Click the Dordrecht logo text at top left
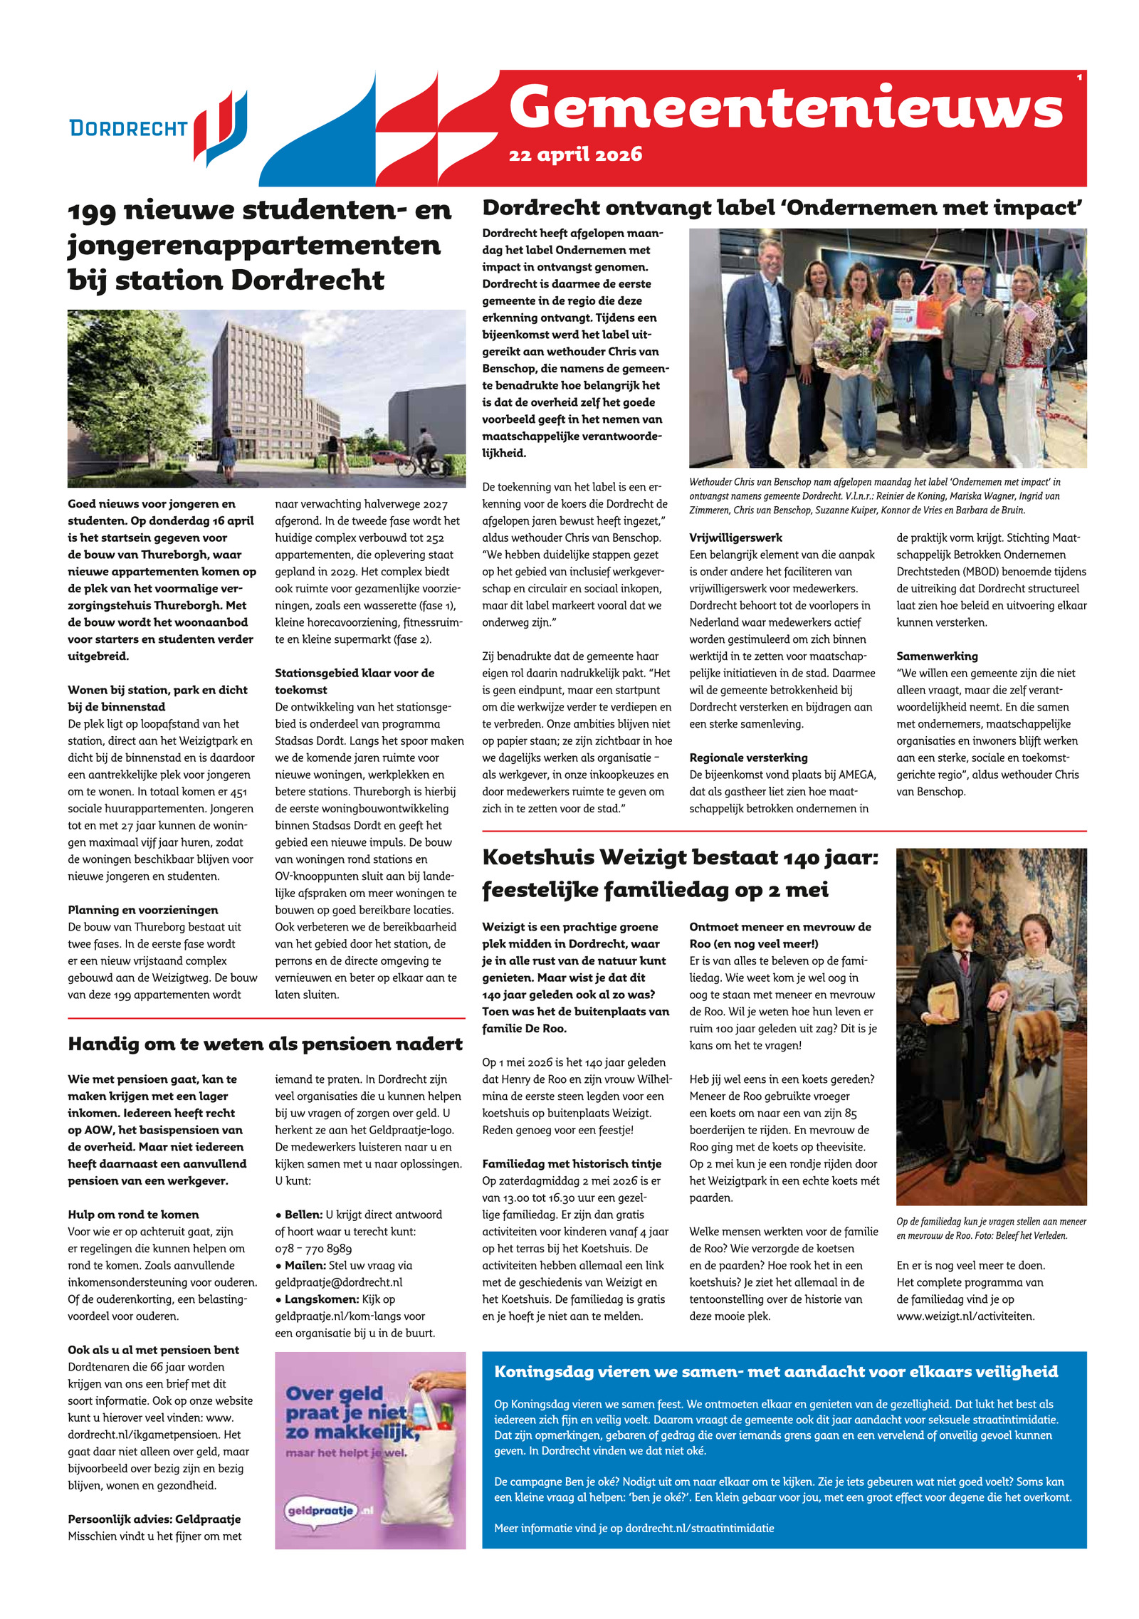tap(128, 128)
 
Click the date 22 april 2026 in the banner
tap(575, 154)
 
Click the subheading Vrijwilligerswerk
tap(735, 538)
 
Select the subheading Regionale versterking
tap(748, 758)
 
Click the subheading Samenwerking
tap(937, 656)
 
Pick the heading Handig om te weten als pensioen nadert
tap(265, 1044)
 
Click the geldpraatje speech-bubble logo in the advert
tap(321, 1509)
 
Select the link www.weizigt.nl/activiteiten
tap(965, 1316)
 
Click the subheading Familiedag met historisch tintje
tap(572, 1163)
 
